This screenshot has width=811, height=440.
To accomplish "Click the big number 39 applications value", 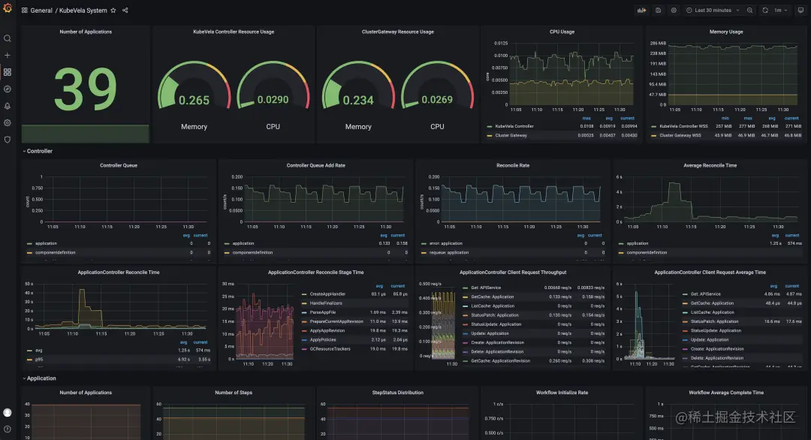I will [x=85, y=90].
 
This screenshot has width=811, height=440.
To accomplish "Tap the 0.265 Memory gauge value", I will [x=194, y=101].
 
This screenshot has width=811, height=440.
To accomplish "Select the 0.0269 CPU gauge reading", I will [x=437, y=100].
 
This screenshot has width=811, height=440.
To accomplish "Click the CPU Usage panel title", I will [x=562, y=32].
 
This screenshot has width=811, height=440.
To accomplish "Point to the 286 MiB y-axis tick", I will [x=658, y=44].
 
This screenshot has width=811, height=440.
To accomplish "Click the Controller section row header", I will [x=39, y=151].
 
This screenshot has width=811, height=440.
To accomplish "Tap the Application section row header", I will [x=41, y=378].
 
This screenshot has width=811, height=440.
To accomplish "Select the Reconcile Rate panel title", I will [x=513, y=165].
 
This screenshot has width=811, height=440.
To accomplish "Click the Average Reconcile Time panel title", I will [x=710, y=165].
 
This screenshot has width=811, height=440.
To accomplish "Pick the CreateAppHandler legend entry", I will [x=327, y=294].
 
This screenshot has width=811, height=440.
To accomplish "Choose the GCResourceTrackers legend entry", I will [x=330, y=348].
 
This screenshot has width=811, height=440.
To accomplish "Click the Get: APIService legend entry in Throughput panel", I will [x=490, y=288].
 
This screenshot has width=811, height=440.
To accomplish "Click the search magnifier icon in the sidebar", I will [x=8, y=38].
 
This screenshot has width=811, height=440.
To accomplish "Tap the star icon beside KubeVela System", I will [x=113, y=11].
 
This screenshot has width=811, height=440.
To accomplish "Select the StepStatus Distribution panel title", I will [x=397, y=393].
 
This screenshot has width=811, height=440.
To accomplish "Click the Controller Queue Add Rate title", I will [x=315, y=165].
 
